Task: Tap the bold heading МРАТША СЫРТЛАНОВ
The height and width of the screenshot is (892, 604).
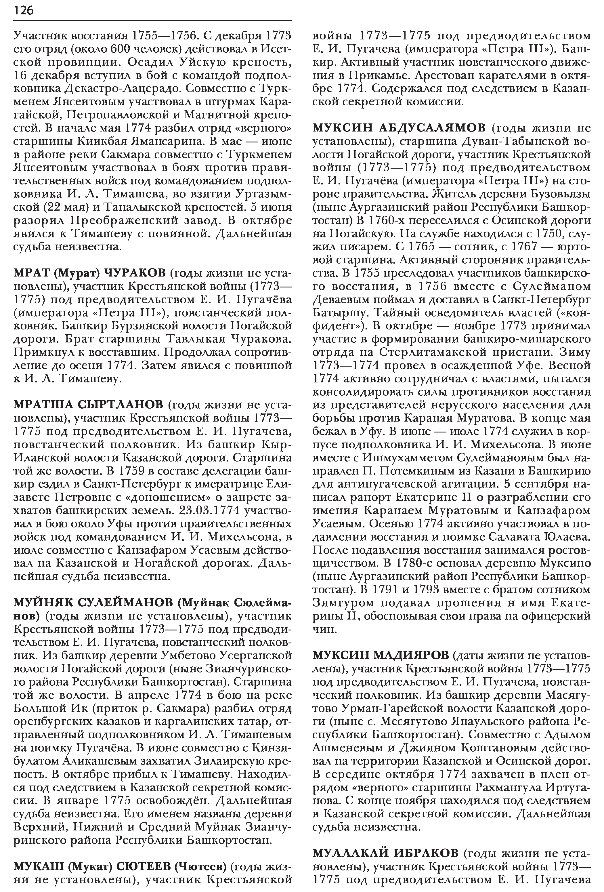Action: tap(88, 405)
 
